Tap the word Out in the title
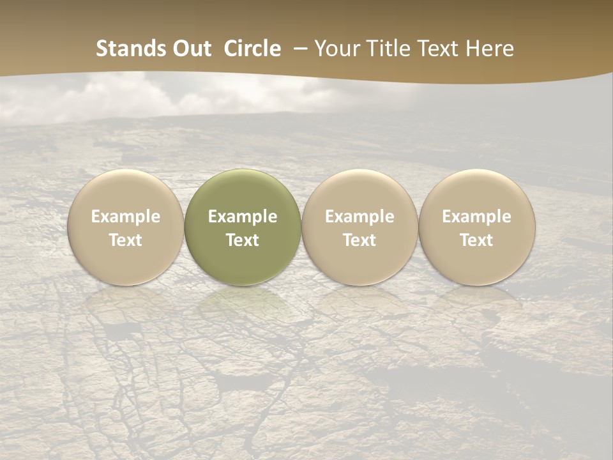190,49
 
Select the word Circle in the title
252,49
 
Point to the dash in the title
301,49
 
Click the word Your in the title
337,49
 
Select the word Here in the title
490,49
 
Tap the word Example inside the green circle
243,217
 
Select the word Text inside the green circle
243,240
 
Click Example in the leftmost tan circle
126,217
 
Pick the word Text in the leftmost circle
126,240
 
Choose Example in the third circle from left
359,217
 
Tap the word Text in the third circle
359,240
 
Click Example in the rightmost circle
477,217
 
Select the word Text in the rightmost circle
477,240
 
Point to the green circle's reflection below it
243,303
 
